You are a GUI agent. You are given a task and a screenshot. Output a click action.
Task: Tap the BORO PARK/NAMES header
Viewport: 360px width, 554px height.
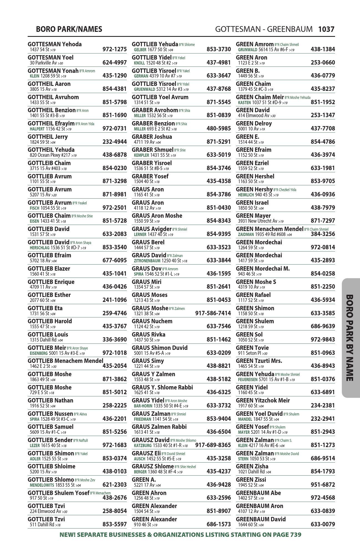point(69,29)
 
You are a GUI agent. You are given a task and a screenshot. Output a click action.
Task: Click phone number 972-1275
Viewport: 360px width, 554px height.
point(114,49)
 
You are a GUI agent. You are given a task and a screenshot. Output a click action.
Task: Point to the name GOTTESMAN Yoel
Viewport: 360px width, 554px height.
point(51,58)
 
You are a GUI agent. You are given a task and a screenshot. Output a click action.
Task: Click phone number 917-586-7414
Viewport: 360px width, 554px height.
point(213,313)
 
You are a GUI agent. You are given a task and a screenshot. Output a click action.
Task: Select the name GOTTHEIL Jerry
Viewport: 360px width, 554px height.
point(48,137)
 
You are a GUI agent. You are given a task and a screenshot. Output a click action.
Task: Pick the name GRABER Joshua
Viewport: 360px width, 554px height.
point(152,137)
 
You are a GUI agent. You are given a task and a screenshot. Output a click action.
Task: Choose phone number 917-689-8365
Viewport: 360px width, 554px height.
point(213,445)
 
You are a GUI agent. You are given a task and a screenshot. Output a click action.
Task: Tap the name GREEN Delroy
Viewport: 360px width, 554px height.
point(254,124)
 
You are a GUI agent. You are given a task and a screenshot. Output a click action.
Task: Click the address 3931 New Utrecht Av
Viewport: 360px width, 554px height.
point(258,221)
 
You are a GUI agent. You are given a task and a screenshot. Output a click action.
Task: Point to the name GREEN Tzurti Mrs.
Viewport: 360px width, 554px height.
point(259,361)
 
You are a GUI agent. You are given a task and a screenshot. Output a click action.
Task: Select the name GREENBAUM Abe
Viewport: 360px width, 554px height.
point(258,493)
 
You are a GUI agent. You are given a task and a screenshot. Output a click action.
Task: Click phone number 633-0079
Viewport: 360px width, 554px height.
point(323,524)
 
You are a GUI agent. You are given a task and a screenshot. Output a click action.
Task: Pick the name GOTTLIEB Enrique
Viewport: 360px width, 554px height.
point(51,282)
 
